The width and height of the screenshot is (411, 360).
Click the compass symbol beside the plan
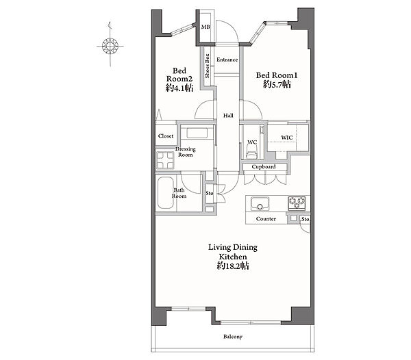pyautogui.click(x=110, y=46)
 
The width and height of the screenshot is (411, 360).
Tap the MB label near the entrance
pyautogui.click(x=206, y=27)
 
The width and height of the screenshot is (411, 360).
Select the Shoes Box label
pyautogui.click(x=207, y=66)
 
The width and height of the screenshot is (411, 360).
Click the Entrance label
pyautogui.click(x=227, y=60)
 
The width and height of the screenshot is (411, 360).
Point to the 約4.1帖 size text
pyautogui.click(x=179, y=88)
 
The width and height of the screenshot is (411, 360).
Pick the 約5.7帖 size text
pyautogui.click(x=277, y=84)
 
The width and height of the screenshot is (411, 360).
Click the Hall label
pyautogui.click(x=228, y=115)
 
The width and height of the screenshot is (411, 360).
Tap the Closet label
pyautogui.click(x=166, y=136)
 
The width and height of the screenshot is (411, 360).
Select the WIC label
pyautogui.click(x=287, y=138)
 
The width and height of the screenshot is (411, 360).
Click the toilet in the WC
pyautogui.click(x=252, y=153)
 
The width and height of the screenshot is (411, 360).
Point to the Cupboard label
pyautogui.click(x=264, y=167)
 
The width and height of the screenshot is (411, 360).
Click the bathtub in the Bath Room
pyautogui.click(x=165, y=193)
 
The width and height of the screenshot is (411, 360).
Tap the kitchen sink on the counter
pyautogui.click(x=260, y=204)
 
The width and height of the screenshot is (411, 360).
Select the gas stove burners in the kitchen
pyautogui.click(x=297, y=203)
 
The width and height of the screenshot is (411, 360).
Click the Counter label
pyautogui.click(x=266, y=219)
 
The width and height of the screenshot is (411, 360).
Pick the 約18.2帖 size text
pyautogui.click(x=233, y=266)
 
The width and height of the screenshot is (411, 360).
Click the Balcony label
pyautogui.click(x=233, y=337)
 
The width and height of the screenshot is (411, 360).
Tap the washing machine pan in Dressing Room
pyautogui.click(x=165, y=160)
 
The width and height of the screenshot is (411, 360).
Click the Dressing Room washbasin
pyautogui.click(x=197, y=133)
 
